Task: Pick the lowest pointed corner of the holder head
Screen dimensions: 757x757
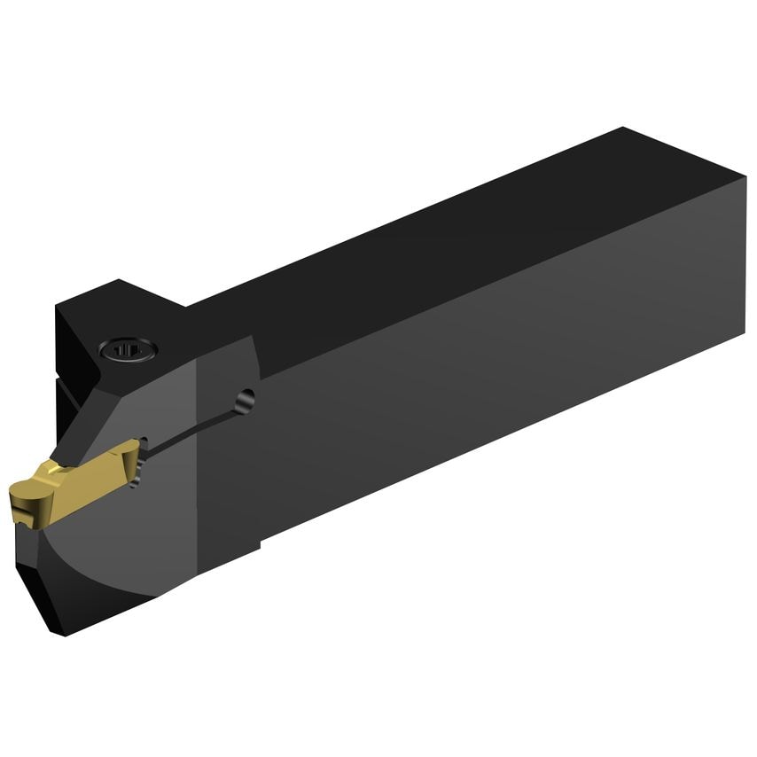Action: tap(63, 632)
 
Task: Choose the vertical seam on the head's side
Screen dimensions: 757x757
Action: tap(198, 461)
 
